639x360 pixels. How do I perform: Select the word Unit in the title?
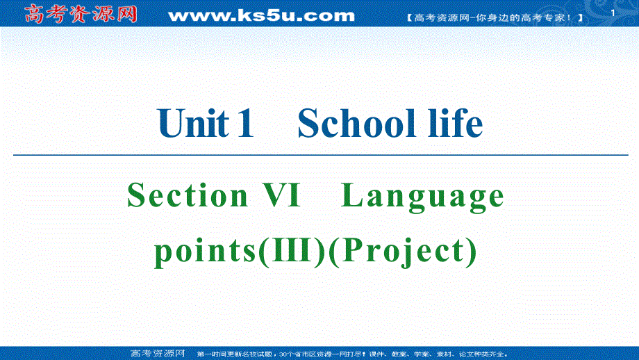[194, 124]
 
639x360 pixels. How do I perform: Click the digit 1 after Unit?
[244, 124]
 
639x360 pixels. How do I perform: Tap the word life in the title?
[449, 124]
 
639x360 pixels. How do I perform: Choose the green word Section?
[187, 196]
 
